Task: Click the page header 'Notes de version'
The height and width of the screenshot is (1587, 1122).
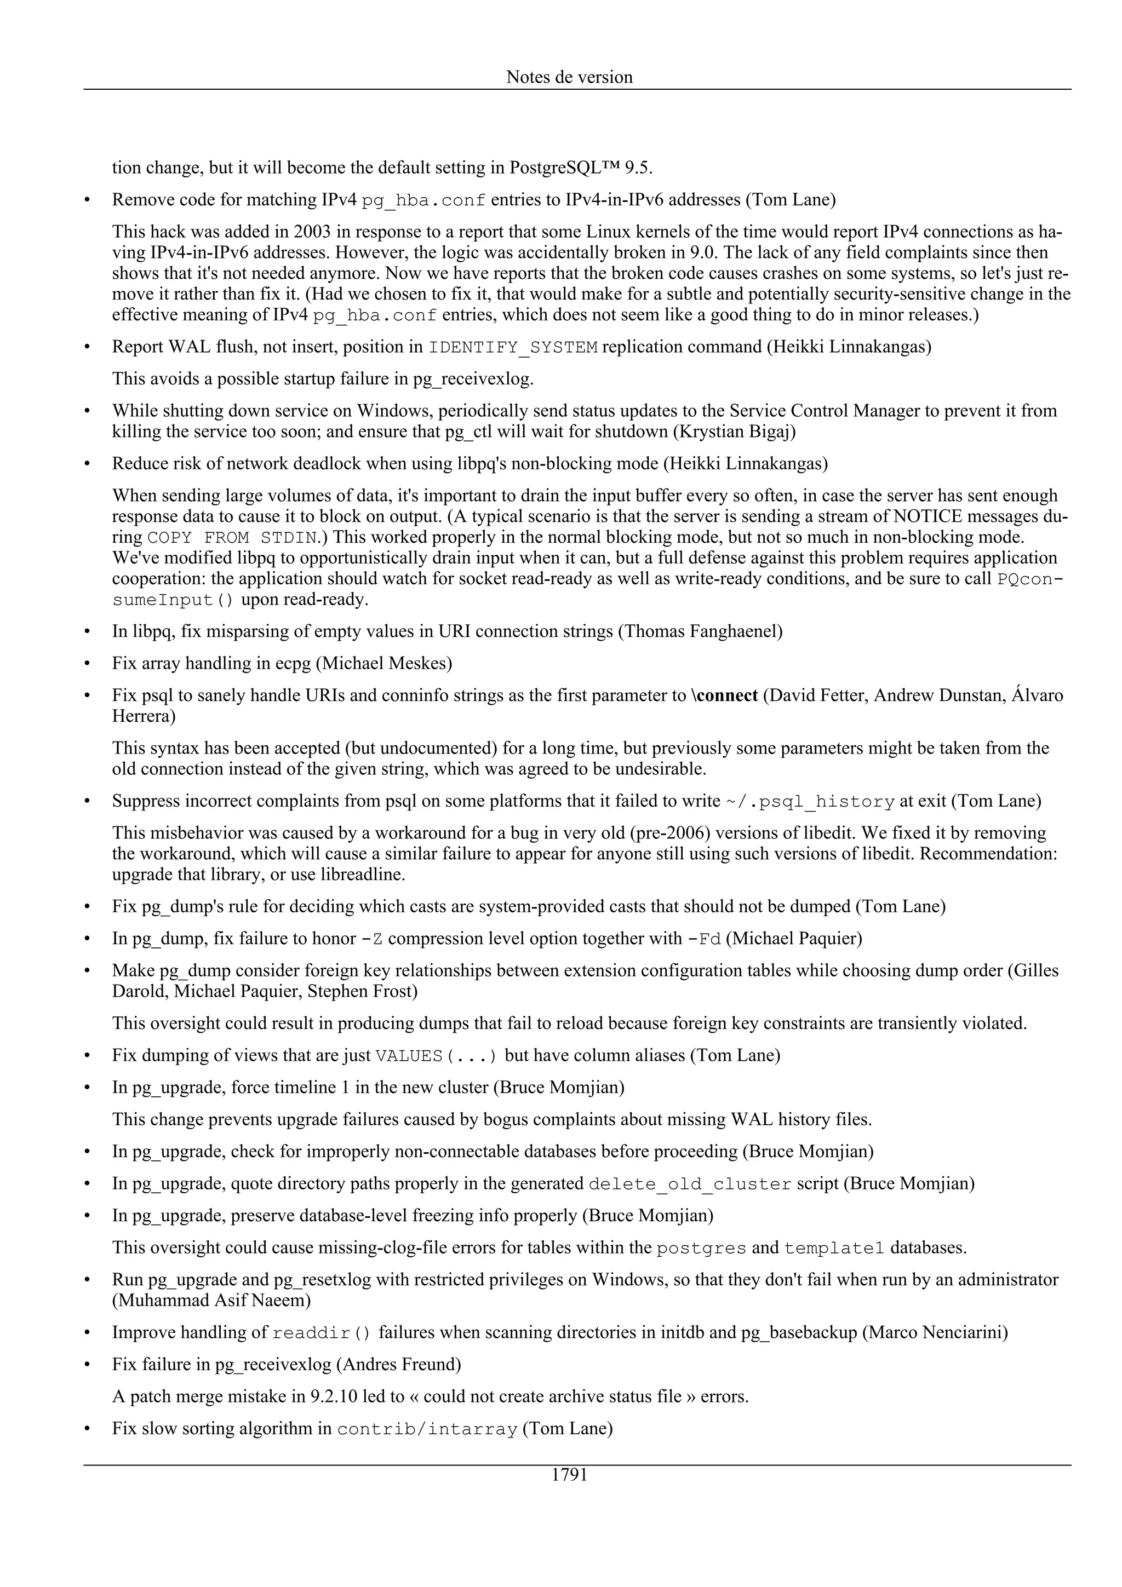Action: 569,77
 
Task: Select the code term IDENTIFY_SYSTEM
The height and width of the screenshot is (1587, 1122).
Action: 513,347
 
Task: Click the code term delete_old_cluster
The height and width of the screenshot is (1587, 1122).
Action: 690,1184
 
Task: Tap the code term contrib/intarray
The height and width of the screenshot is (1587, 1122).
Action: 427,1429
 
